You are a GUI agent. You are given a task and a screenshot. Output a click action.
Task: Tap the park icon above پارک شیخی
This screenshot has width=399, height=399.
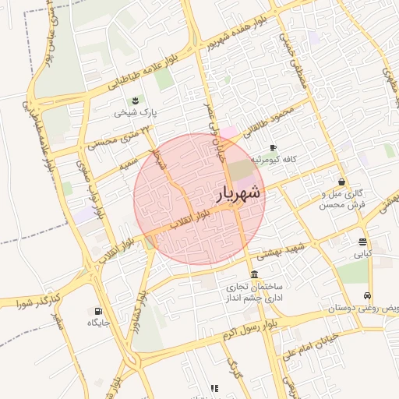(136, 101)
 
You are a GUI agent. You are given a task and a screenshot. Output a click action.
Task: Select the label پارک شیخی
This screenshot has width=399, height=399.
(136, 113)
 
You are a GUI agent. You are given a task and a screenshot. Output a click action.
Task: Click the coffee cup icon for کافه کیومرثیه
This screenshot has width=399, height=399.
(273, 147)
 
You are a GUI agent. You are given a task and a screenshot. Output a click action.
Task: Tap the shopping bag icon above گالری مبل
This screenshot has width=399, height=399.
(342, 181)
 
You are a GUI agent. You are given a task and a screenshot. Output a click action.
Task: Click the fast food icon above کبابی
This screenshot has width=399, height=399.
(363, 242)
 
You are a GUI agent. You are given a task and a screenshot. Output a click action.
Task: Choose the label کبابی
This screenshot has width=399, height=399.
(363, 254)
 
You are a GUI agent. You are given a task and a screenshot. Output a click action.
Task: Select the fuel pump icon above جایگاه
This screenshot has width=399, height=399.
(97, 310)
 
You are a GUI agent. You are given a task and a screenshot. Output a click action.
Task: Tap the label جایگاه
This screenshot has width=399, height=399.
(97, 323)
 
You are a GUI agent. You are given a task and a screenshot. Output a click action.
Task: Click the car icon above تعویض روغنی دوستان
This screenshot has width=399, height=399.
(367, 296)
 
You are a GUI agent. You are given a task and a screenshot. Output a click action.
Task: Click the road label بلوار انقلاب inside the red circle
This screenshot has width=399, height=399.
(190, 218)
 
